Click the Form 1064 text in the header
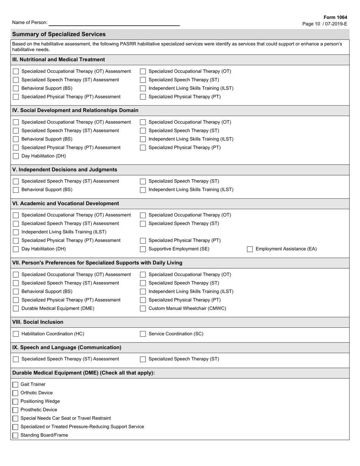(x=335, y=17)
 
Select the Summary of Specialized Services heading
(x=59, y=34)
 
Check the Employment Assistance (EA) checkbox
(x=250, y=249)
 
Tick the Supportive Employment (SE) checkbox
(x=143, y=249)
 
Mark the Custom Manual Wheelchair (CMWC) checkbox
(x=143, y=309)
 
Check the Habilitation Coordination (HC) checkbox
(x=16, y=334)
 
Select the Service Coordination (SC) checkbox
(x=143, y=334)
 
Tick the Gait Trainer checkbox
(x=15, y=385)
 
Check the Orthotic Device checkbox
(x=15, y=393)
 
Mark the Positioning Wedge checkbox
(x=15, y=402)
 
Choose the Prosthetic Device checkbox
(x=15, y=410)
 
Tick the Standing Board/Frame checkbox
(x=15, y=436)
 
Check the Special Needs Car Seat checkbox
(x=15, y=419)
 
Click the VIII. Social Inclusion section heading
(x=38, y=322)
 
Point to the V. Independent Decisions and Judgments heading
(x=65, y=170)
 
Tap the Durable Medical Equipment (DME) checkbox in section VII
(x=16, y=309)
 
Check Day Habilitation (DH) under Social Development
(x=16, y=156)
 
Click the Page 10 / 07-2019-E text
(x=324, y=24)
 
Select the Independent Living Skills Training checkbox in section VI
(x=16, y=232)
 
